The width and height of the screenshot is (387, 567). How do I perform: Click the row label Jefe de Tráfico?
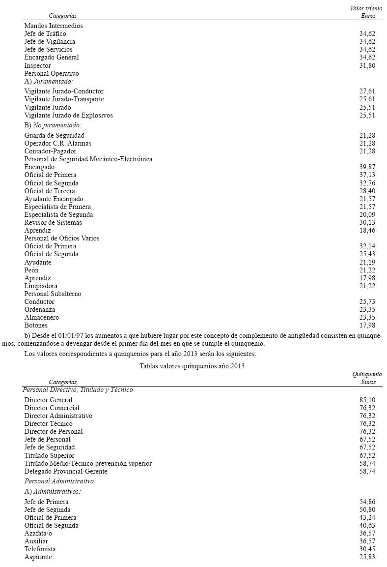45,33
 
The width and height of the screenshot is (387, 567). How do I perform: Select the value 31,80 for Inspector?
367,65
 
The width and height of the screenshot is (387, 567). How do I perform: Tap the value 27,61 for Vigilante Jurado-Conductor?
367,91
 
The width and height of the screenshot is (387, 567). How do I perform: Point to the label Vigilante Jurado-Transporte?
64,99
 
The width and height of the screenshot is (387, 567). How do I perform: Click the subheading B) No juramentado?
53,125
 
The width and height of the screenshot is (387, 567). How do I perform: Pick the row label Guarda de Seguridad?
54,135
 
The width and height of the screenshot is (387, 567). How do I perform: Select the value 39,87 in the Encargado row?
367,167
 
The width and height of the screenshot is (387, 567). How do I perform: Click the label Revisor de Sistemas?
53,223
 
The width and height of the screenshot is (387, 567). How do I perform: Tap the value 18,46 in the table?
367,231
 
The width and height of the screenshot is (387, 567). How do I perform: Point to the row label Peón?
31,270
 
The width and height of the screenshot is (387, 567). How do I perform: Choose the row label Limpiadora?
41,286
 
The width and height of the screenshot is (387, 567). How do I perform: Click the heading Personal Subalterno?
53,294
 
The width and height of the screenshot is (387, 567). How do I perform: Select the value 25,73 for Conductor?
367,302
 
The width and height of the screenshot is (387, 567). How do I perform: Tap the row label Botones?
36,326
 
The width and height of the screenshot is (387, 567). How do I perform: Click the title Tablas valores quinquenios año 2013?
192,366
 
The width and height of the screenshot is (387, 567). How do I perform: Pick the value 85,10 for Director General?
367,400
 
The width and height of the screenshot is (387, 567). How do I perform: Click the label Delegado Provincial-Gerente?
66,472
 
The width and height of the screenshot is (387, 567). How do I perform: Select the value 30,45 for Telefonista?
367,549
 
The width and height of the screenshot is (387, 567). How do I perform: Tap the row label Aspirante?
38,557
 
